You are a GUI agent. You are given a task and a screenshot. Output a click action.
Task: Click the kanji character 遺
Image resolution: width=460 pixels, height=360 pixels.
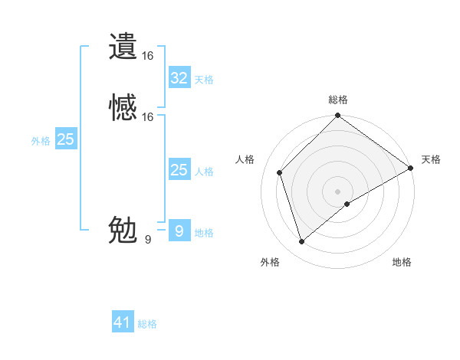pos(123,46)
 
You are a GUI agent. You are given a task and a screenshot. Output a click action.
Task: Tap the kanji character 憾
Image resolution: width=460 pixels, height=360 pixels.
pos(123,107)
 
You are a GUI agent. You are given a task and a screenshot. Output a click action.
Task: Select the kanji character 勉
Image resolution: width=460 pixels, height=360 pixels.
pos(123,230)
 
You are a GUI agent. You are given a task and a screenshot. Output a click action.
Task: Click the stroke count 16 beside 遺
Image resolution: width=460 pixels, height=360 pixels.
pos(148,56)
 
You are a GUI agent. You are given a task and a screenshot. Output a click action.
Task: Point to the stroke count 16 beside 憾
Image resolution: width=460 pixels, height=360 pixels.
pos(148,117)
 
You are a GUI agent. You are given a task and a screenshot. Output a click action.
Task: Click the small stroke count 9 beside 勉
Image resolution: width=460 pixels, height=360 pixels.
pos(148,240)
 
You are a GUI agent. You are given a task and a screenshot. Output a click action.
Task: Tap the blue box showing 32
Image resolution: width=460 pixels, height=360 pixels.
pos(179,78)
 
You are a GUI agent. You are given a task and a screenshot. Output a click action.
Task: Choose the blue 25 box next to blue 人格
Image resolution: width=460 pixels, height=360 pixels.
pos(179,170)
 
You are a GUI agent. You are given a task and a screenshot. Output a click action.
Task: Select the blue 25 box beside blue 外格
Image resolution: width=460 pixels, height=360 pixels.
pos(66,139)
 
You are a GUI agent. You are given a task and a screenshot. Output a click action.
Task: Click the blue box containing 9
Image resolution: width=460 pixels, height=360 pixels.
pos(179,231)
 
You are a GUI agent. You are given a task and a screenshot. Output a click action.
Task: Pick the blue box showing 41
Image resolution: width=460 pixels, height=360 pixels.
pos(123,322)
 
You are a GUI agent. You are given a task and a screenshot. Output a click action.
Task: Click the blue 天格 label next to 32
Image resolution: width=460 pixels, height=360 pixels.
pos(204,80)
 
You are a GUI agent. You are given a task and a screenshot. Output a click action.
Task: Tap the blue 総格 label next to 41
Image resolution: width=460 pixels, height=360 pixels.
pos(147,324)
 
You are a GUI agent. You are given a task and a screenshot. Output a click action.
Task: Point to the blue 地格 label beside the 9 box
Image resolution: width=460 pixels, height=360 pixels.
pos(204,233)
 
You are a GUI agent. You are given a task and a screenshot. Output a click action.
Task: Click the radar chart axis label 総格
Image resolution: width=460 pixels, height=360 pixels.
pos(338,100)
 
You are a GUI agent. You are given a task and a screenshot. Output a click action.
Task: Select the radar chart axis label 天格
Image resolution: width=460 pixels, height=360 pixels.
pos(431,159)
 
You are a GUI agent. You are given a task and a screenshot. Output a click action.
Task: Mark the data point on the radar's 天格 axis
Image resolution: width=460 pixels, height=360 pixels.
pos(410,168)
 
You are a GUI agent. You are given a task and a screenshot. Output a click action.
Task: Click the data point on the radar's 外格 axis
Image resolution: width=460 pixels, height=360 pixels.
pos(301,242)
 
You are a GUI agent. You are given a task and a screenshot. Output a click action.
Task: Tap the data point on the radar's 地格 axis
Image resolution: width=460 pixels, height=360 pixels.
pos(347,204)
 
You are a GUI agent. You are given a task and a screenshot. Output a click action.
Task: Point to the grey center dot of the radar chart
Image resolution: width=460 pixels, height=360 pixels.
pos(338,191)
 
